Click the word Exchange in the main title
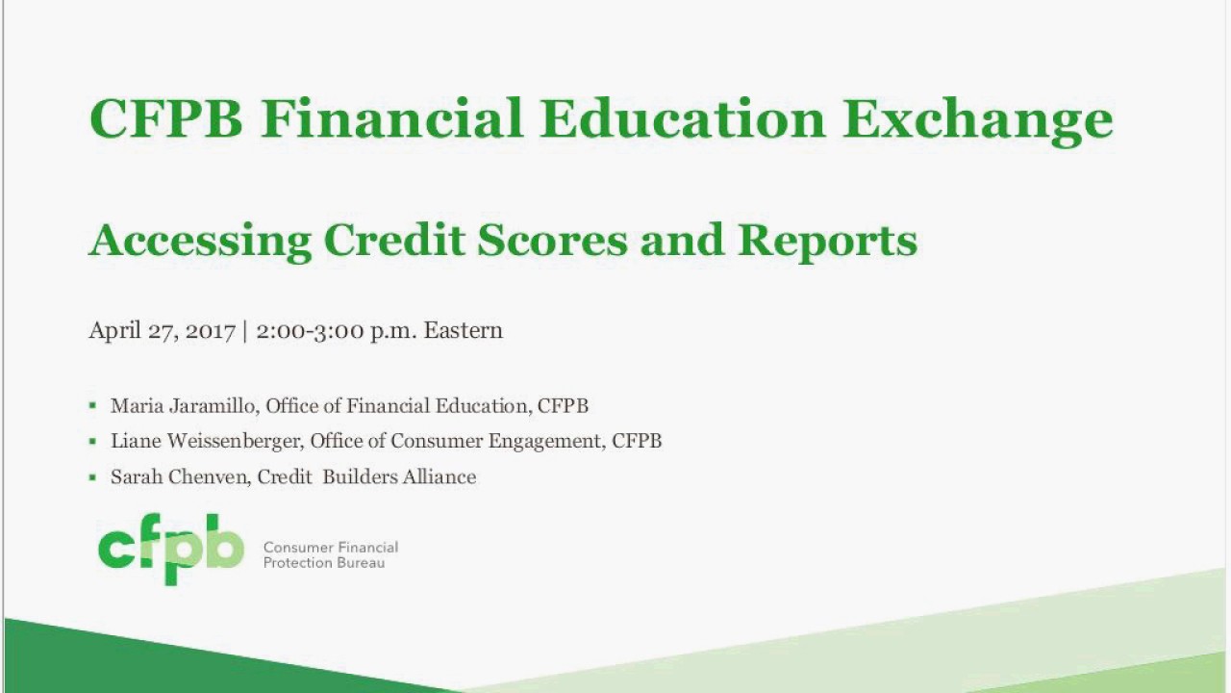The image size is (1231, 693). pos(978,118)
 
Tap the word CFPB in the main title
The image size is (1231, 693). pos(165,118)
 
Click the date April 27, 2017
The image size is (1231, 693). pos(162,331)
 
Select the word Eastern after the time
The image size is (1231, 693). pos(464,330)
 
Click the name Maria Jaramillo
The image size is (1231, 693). pos(183,406)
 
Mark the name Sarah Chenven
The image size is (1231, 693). pos(180,477)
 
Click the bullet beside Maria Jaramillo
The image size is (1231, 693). pos(92,406)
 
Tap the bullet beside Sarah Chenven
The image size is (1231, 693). pos(92,477)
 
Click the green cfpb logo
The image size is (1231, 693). pos(171,549)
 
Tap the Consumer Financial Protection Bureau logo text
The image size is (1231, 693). pos(330,555)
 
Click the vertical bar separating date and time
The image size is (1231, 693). pos(245,331)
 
